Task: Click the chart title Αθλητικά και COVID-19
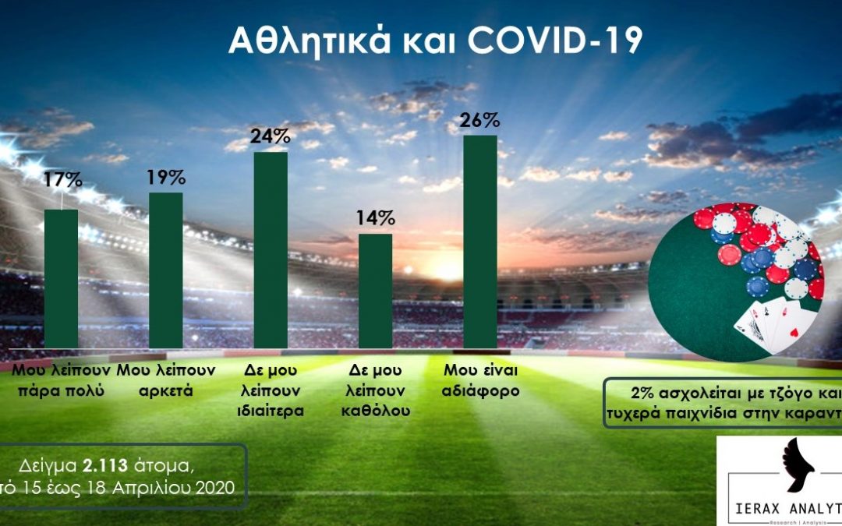coord(435,41)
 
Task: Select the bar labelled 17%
coord(61,278)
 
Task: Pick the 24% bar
coord(271,249)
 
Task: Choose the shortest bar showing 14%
coord(375,290)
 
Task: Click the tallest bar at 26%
coord(480,242)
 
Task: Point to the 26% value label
coord(480,122)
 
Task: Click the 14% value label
coord(375,219)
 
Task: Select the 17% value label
coord(62,181)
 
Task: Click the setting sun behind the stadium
coord(448,269)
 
